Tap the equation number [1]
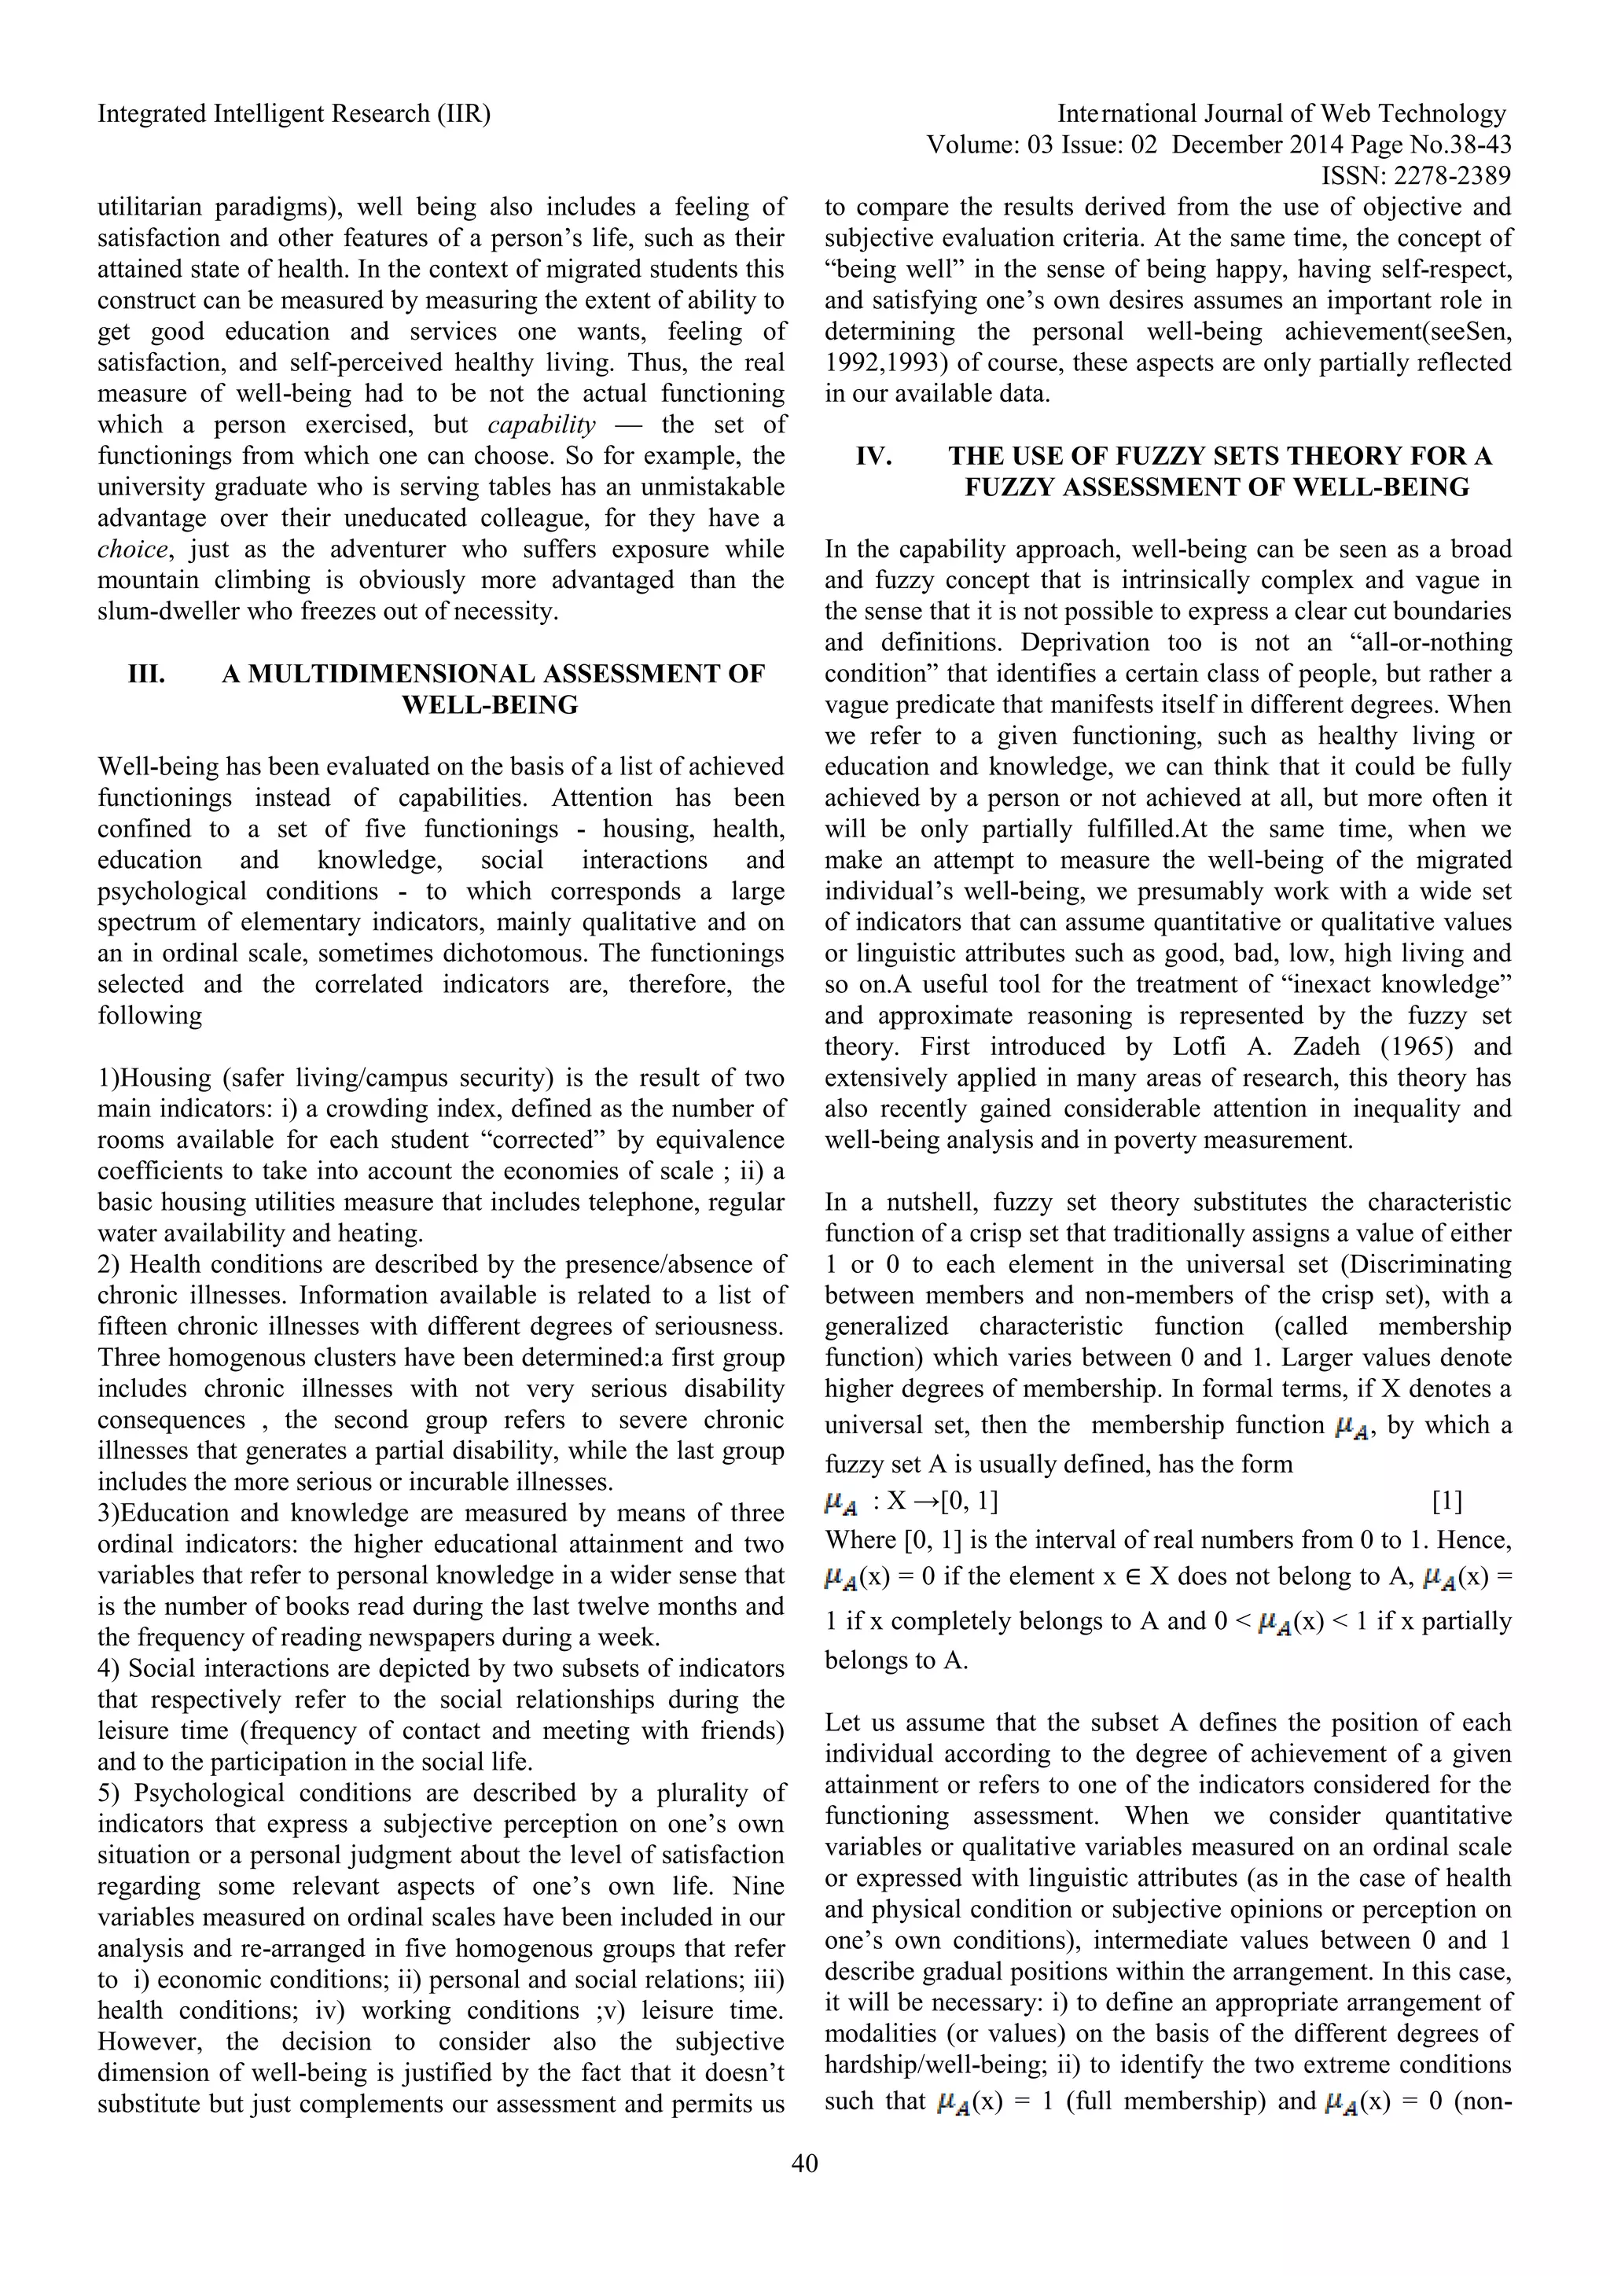tap(1446, 1501)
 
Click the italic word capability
tap(542, 425)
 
